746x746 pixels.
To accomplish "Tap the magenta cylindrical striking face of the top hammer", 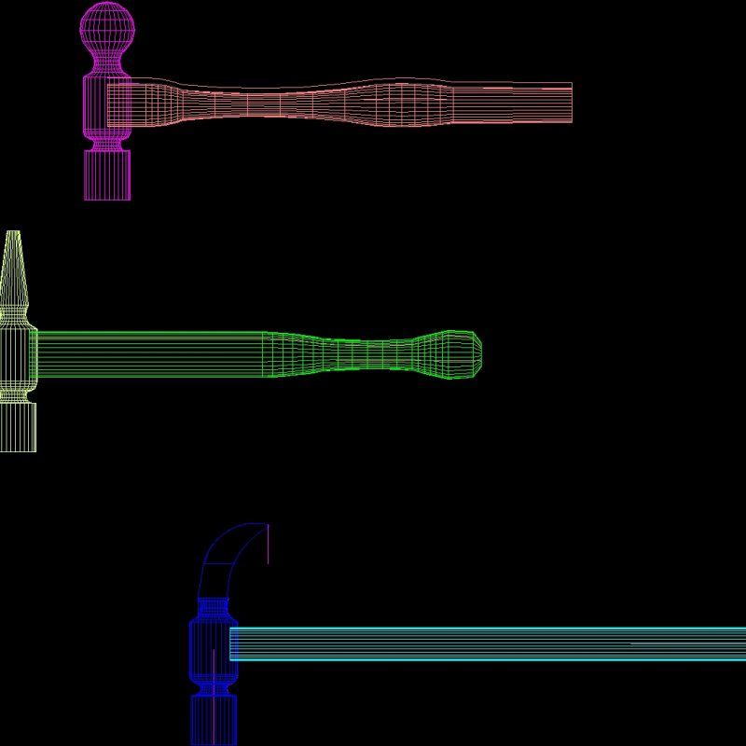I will (x=106, y=175).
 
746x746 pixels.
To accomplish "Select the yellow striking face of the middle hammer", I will (x=17, y=429).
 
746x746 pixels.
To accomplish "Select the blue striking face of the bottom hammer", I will (x=214, y=723).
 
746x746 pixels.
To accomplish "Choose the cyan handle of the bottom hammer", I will (x=485, y=644).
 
